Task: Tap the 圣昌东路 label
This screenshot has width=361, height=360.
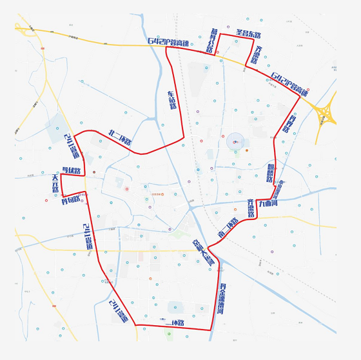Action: point(248,34)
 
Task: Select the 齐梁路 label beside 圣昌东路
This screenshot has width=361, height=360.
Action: point(257,55)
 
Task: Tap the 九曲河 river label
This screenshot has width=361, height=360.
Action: point(268,203)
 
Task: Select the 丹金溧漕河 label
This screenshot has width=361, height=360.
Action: point(221,299)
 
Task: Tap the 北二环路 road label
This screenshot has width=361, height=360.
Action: point(120,137)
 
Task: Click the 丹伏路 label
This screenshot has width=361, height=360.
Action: point(72,171)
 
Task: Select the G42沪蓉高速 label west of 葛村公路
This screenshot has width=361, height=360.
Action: point(168,43)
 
